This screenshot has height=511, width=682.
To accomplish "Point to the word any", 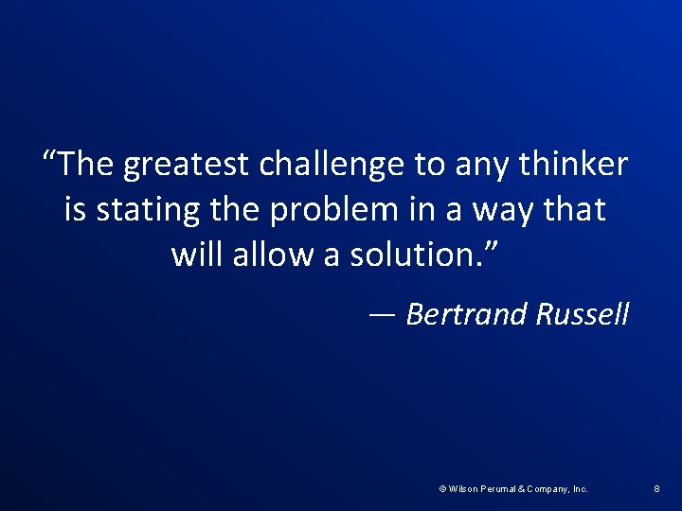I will [x=480, y=166].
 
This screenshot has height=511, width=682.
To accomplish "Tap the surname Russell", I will [x=582, y=314].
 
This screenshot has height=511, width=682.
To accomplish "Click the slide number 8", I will [x=656, y=489].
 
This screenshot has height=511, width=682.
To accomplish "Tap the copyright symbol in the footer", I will [x=443, y=489].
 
